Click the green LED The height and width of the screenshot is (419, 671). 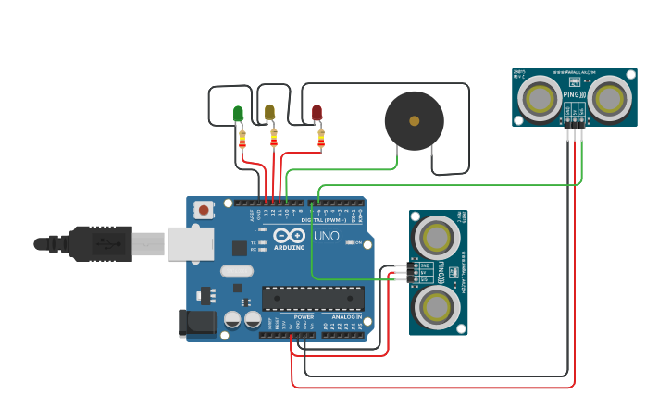click(x=238, y=114)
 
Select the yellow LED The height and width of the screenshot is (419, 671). click(x=269, y=113)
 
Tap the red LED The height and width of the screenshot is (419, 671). click(x=317, y=114)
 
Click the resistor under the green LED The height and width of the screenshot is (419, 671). click(x=242, y=139)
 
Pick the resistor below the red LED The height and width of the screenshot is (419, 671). click(x=321, y=139)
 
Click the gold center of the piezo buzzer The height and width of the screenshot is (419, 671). click(x=414, y=120)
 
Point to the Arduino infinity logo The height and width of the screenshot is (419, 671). click(x=289, y=236)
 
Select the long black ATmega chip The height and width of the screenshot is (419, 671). click(x=312, y=298)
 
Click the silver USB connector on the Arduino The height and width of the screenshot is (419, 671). click(x=191, y=243)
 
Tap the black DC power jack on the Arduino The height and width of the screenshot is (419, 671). click(x=196, y=322)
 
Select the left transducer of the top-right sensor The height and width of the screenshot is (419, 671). click(x=539, y=96)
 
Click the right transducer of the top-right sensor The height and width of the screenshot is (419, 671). click(x=611, y=96)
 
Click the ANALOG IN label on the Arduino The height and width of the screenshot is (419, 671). click(x=347, y=316)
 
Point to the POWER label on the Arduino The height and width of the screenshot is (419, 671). click(x=304, y=316)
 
